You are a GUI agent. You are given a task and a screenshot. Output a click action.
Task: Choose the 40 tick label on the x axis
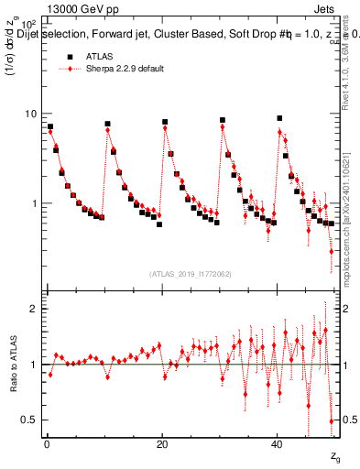pos(278,443)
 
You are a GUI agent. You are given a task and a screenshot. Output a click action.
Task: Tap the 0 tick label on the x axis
pos(46,443)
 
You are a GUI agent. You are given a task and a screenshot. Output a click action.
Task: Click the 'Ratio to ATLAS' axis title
pos(13,365)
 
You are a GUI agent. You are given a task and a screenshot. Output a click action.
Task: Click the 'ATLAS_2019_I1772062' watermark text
pos(190,273)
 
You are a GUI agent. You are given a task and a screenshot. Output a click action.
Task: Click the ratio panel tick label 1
pos(34,365)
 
